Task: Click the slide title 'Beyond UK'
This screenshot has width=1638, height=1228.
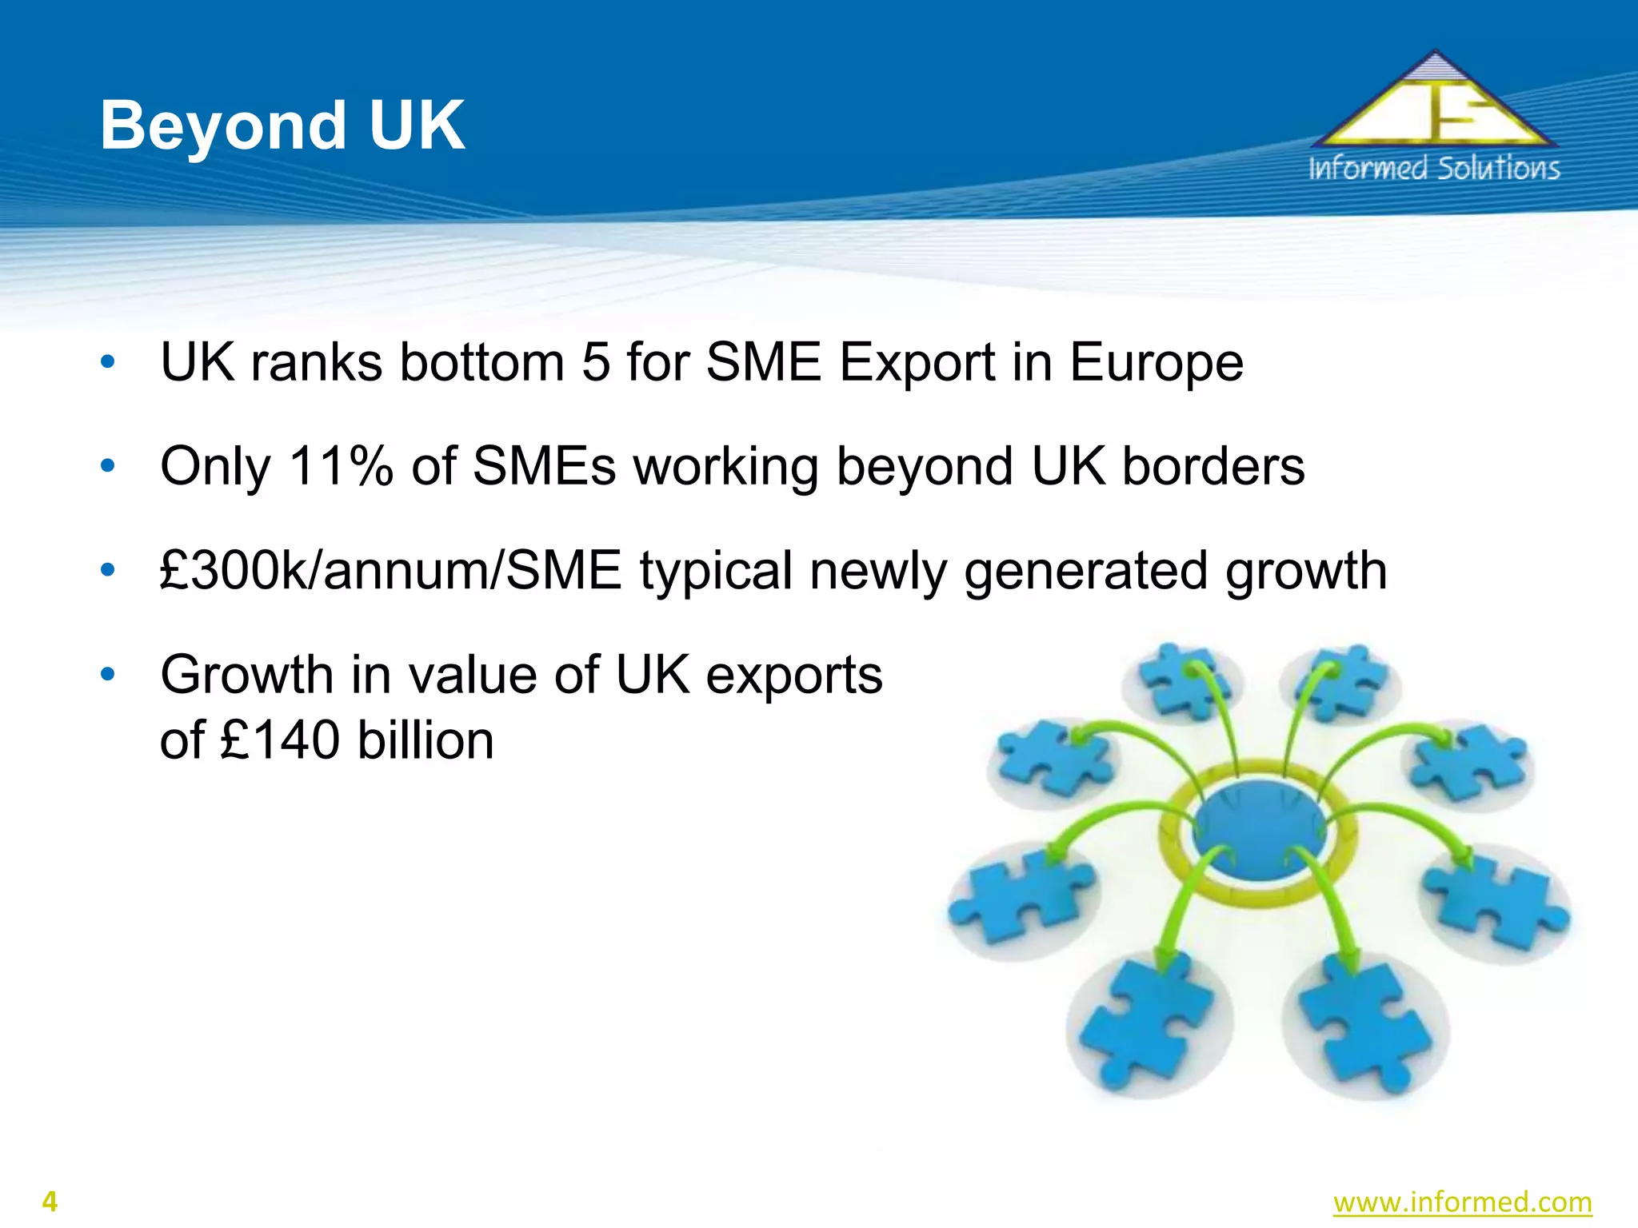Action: tap(282, 126)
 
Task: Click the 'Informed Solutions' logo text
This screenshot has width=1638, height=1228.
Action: tap(1434, 169)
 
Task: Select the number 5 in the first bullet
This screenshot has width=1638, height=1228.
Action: tap(596, 362)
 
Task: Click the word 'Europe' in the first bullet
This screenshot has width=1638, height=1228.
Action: tap(1157, 362)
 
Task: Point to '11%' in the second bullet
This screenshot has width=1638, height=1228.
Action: tap(341, 466)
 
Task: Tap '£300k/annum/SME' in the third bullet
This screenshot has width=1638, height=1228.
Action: tap(390, 571)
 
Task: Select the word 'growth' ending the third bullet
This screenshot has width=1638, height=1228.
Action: tap(1306, 571)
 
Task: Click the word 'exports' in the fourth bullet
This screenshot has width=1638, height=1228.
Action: tap(794, 676)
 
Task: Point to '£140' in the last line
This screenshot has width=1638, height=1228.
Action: tap(279, 740)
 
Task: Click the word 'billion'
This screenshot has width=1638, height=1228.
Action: tap(425, 740)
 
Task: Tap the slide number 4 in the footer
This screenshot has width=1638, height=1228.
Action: tap(50, 1202)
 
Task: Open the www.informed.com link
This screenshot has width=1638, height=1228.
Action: tap(1462, 1202)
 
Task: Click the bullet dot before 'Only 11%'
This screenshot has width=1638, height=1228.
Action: tap(108, 466)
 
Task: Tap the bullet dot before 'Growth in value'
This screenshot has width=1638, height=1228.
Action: tap(108, 675)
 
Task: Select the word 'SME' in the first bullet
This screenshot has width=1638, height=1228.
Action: tap(764, 362)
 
